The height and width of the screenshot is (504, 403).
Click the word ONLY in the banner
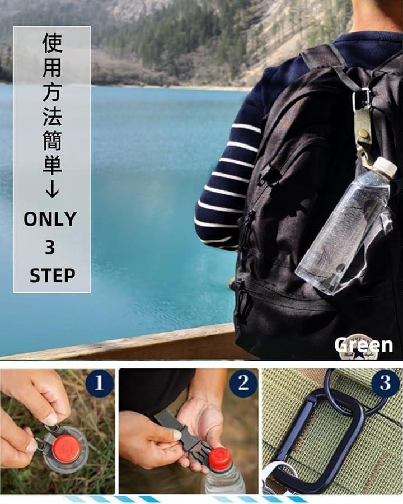click(50, 219)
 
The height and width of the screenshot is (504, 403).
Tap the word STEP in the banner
click(53, 276)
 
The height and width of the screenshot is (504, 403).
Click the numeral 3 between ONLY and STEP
click(50, 248)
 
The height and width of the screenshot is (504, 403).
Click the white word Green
click(363, 345)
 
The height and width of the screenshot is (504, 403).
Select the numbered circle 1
click(99, 383)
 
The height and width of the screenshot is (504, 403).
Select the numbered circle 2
click(243, 383)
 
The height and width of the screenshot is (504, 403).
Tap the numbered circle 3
click(385, 383)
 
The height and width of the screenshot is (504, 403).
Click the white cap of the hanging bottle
click(385, 167)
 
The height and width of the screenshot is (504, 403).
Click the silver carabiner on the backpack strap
click(361, 99)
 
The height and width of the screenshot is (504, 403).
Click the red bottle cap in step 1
click(67, 449)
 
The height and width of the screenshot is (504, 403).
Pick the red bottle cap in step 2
click(221, 458)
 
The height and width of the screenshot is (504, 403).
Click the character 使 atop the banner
click(52, 42)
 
